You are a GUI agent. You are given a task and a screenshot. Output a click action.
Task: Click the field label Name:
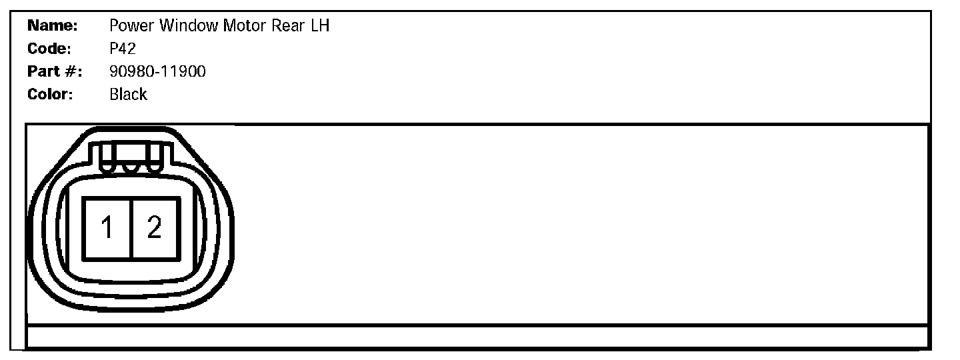pyautogui.click(x=53, y=27)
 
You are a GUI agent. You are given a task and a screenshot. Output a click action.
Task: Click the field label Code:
pyautogui.click(x=50, y=49)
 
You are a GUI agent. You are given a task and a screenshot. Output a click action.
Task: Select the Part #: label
pyautogui.click(x=54, y=71)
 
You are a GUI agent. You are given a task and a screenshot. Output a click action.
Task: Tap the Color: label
pyautogui.click(x=50, y=94)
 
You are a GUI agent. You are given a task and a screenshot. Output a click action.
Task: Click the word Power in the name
pyautogui.click(x=130, y=27)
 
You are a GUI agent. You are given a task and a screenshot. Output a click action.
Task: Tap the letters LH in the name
pyautogui.click(x=321, y=27)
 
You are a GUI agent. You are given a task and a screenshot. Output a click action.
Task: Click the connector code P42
pyautogui.click(x=123, y=49)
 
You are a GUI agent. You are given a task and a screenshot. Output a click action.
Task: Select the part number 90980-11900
pyautogui.click(x=157, y=71)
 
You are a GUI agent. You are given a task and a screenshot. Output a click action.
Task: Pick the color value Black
pyautogui.click(x=128, y=94)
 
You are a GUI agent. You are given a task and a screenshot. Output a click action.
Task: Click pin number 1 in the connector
pyautogui.click(x=107, y=229)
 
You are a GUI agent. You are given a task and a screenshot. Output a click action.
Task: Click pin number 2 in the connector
pyautogui.click(x=155, y=229)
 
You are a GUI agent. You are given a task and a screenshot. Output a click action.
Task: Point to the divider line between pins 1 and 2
pyautogui.click(x=131, y=229)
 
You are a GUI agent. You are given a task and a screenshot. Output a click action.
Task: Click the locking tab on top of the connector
pyautogui.click(x=131, y=159)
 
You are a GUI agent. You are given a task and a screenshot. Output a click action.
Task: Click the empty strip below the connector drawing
pyautogui.click(x=477, y=336)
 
